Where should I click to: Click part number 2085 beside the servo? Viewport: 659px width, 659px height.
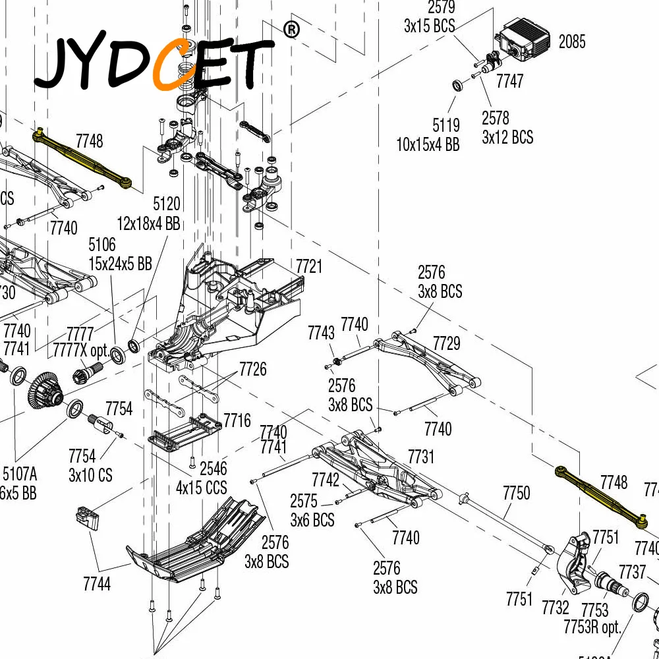pos(571,42)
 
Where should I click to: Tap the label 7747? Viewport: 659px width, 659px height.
pos(509,81)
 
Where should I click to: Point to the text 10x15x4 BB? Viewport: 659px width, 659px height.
pos(428,144)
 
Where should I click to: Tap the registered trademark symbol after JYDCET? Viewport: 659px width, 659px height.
pos(291,29)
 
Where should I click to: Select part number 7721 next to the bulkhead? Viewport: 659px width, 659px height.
pos(308,266)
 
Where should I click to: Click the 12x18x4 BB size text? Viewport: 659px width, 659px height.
pos(148,223)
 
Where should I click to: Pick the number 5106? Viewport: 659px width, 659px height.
pos(102,246)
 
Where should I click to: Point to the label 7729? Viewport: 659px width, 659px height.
pos(446,343)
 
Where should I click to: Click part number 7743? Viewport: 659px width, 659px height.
pos(321,333)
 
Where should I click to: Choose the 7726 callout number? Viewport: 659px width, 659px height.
pos(253,369)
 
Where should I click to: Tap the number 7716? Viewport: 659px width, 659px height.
pos(237,420)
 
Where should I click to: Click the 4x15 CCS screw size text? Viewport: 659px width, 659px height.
pos(201,488)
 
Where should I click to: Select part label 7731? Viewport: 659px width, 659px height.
pos(421,456)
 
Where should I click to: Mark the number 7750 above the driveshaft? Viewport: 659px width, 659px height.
pos(516,493)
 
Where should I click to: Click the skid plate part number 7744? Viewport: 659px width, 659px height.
pos(97,583)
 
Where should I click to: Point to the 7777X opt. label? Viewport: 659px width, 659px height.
pos(79,349)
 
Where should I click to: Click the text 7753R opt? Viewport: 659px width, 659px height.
pos(592,627)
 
